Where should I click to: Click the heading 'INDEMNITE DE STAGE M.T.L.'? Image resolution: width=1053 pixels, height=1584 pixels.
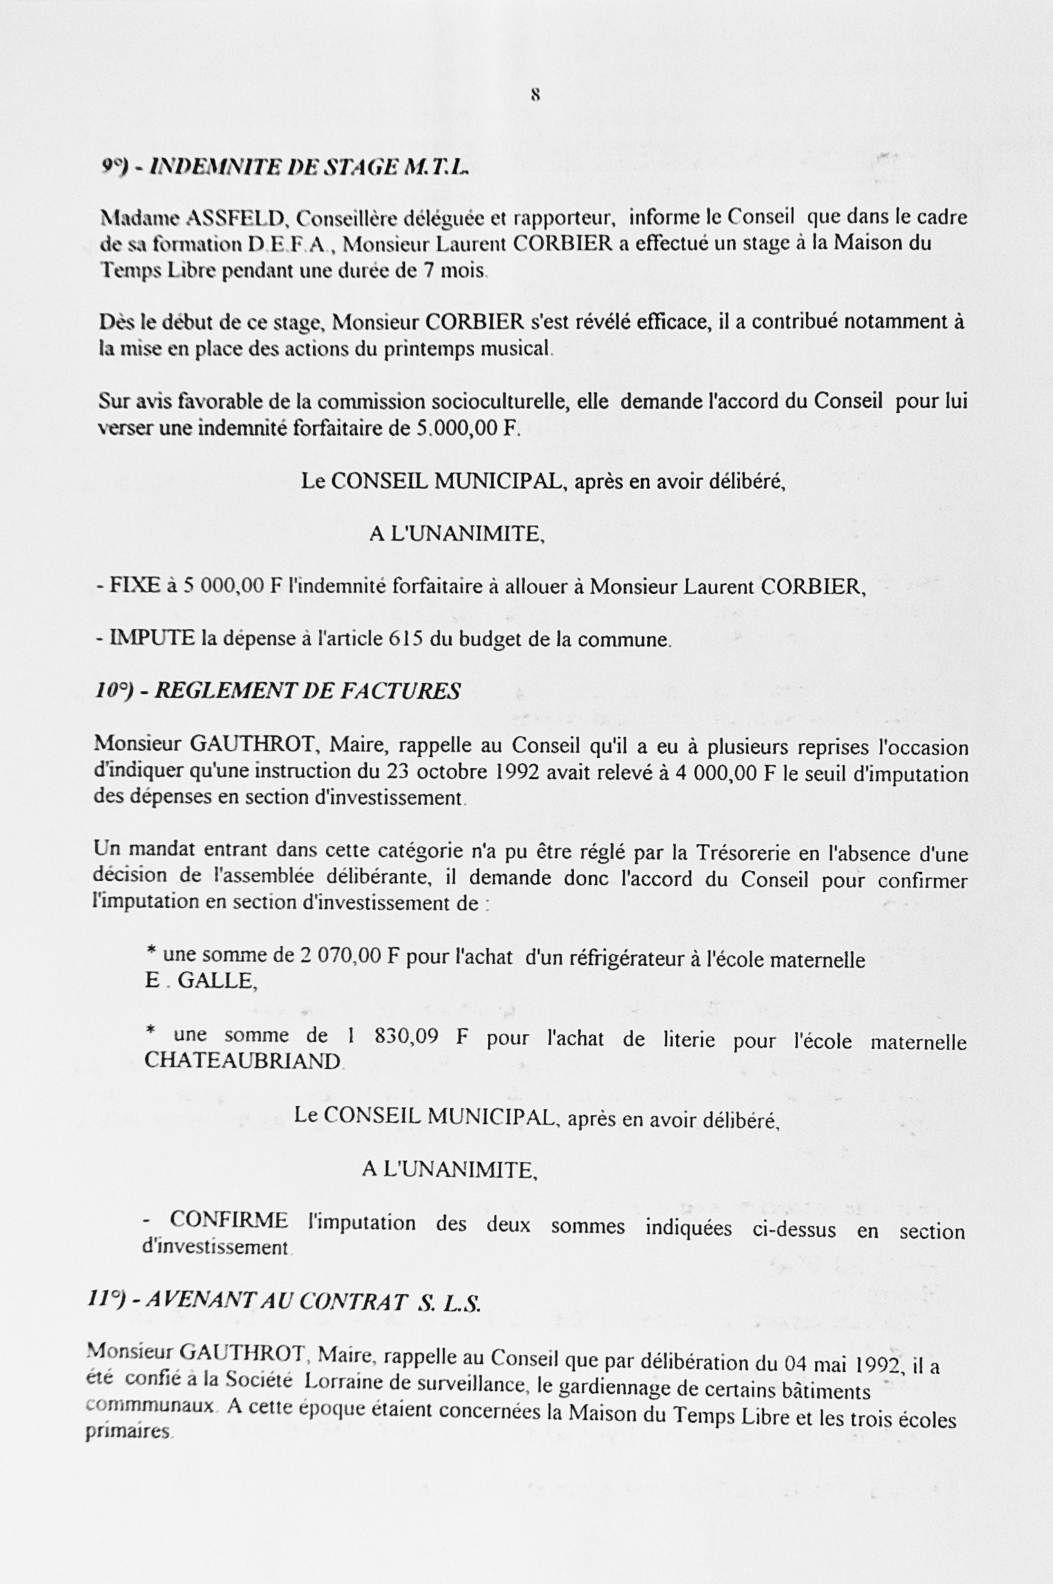click(308, 167)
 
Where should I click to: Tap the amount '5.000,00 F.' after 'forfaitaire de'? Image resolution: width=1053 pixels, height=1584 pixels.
click(468, 429)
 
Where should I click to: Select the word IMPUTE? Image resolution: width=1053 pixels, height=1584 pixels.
click(152, 638)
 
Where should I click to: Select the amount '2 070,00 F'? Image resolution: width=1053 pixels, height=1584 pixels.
click(350, 956)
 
